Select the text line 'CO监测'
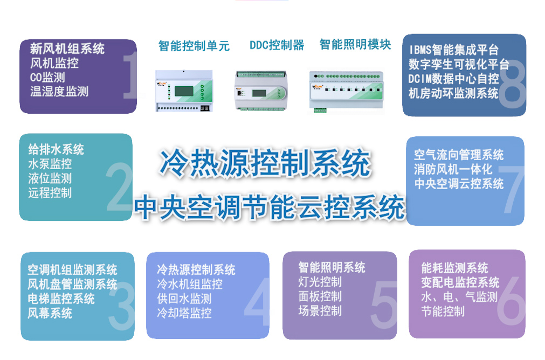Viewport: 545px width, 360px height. point(47,78)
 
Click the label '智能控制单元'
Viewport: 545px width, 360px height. point(194,46)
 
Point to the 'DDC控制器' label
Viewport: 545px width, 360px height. point(277,45)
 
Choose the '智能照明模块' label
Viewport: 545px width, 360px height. point(355,44)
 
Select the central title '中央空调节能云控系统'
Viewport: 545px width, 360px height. point(270,206)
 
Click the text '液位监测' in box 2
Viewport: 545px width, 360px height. point(50,178)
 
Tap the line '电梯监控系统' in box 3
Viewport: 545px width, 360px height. point(61,299)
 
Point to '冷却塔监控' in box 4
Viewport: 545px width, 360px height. point(184,313)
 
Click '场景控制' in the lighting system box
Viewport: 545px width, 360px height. point(320,310)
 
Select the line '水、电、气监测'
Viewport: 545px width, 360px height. point(459,297)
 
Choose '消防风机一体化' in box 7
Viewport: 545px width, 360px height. point(453,169)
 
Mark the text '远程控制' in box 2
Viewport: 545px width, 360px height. point(50,193)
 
